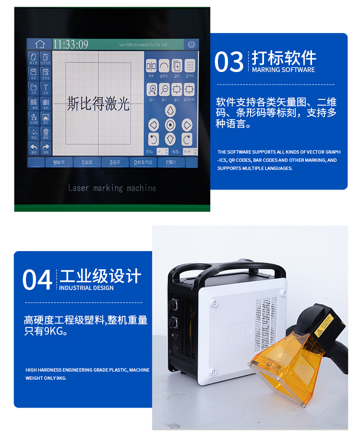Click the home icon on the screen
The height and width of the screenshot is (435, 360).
click(x=39, y=44)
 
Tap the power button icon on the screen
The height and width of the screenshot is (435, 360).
click(x=191, y=45)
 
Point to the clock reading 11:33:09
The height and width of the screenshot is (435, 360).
click(x=71, y=45)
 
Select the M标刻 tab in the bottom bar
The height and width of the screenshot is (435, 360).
click(x=60, y=162)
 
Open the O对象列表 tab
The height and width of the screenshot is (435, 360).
click(x=143, y=162)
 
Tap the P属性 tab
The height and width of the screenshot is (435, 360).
click(x=171, y=162)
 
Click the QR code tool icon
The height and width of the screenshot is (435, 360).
click(x=33, y=103)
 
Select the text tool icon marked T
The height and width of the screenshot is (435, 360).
click(x=46, y=88)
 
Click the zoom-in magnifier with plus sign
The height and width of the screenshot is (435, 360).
click(x=152, y=90)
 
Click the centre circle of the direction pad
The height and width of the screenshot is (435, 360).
click(x=170, y=125)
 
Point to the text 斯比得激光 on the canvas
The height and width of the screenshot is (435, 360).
click(x=98, y=104)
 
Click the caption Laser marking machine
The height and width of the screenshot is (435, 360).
click(x=112, y=188)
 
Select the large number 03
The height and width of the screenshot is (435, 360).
click(x=229, y=62)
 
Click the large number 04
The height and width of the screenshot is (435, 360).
click(x=37, y=280)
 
